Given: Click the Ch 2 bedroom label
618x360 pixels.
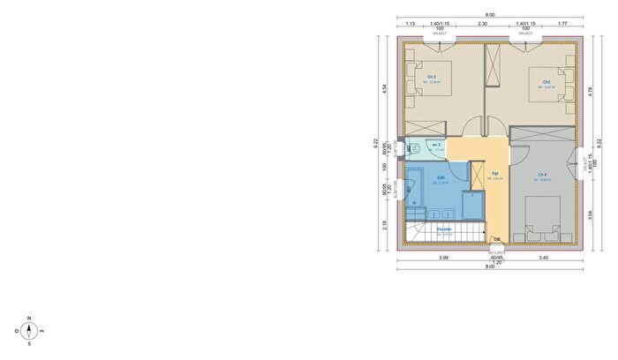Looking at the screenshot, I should click(x=433, y=78).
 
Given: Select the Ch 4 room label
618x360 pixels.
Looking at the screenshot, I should click(x=541, y=176).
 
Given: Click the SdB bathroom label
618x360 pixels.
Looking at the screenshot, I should click(x=440, y=178).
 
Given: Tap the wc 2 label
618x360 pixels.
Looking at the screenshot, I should click(x=436, y=145).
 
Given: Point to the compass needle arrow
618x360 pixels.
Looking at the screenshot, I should click(x=29, y=332).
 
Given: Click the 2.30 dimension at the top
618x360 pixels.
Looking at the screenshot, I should click(x=482, y=24).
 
